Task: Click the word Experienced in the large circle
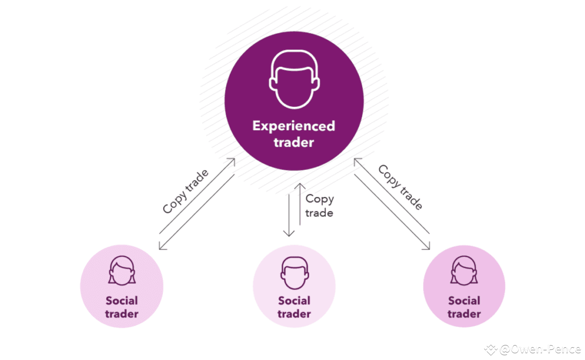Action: [x=293, y=126]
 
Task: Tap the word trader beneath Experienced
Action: [x=293, y=143]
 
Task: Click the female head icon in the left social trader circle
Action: [x=122, y=272]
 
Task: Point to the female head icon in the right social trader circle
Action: [x=464, y=272]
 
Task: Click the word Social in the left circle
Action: [x=122, y=300]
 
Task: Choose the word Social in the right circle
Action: [x=464, y=300]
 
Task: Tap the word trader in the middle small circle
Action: [x=294, y=314]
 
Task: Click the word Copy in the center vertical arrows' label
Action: [x=320, y=199]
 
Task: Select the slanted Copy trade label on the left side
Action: [x=186, y=191]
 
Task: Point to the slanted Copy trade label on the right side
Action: [x=400, y=188]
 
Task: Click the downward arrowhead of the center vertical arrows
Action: [x=290, y=234]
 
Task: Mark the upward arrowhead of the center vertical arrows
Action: [x=300, y=186]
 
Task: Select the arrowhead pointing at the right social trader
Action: [x=429, y=246]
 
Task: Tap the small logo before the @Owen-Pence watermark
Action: [x=490, y=349]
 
